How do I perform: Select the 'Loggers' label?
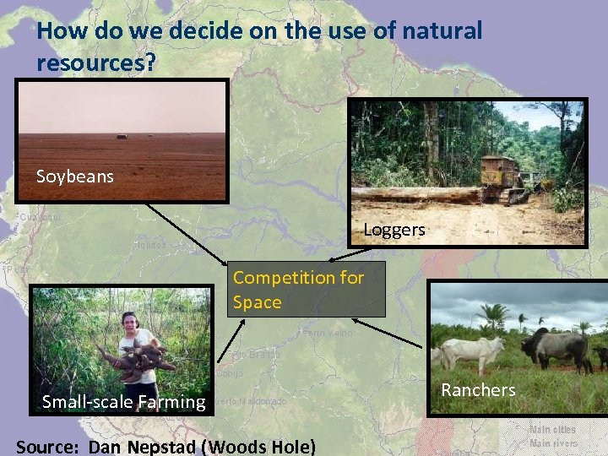pos(394,230)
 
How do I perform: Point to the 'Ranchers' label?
pos(478,389)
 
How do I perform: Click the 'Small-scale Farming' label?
pos(124,402)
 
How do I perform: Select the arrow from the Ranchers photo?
pos(386,332)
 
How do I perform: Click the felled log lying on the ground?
pos(414,195)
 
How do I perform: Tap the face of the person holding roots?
pos(129,322)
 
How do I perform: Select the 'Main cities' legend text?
pos(552,430)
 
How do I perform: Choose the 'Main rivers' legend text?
pos(552,443)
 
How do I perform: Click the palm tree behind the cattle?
pos(493,318)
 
